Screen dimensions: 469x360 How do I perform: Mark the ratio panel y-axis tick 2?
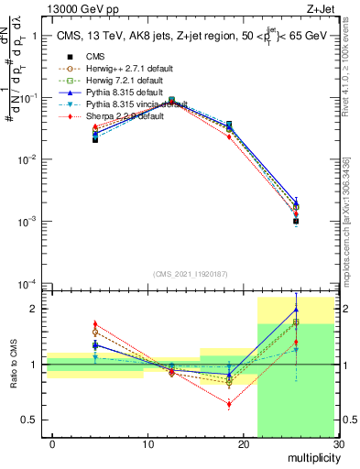38,309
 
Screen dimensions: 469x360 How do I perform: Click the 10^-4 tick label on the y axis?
29,283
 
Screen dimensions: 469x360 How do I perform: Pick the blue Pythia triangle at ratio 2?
296,310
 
